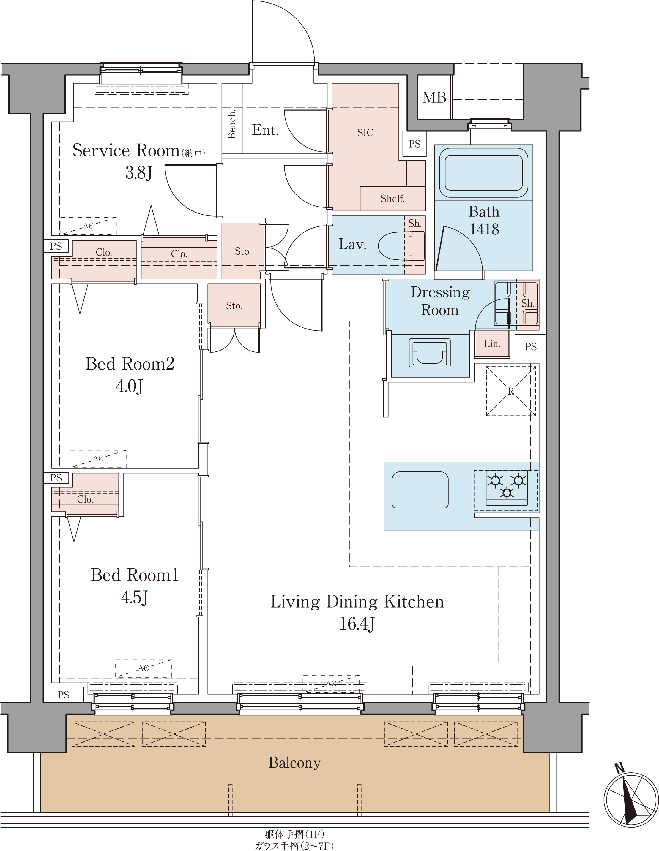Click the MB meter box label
tap(434, 97)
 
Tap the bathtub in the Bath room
tap(483, 173)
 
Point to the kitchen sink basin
tap(420, 490)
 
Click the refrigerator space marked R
tap(511, 391)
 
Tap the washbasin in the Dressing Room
tap(430, 353)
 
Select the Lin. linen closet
tap(492, 344)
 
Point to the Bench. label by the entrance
tap(232, 124)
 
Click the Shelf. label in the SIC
tap(392, 199)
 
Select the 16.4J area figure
tap(357, 623)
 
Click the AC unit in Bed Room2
tap(98, 459)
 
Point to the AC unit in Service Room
tap(88, 226)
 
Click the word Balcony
tap(294, 763)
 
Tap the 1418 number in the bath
tap(484, 229)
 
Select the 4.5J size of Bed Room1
tap(135, 597)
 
